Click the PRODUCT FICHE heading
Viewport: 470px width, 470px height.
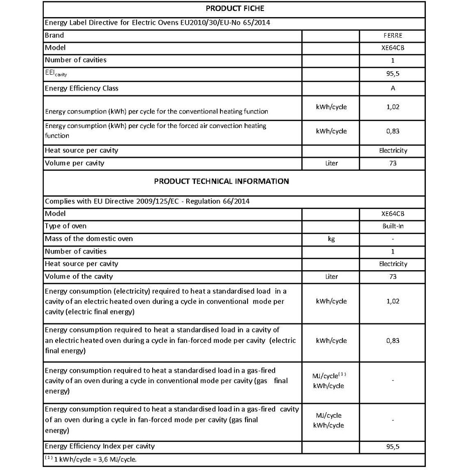coord(234,9)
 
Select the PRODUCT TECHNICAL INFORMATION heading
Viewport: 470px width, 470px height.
coord(221,181)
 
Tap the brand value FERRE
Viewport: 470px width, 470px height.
coord(393,36)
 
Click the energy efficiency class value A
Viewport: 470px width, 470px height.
coord(393,88)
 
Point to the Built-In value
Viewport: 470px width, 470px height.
coord(393,226)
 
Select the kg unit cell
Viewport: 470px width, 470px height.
coord(330,239)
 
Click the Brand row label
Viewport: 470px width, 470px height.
coord(55,36)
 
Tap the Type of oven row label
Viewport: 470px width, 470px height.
coord(66,226)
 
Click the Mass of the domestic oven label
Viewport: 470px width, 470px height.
coord(89,239)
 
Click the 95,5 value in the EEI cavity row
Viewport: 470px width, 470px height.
coord(393,73)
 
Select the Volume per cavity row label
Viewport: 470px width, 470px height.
coord(75,163)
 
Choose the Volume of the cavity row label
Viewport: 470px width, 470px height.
coord(79,277)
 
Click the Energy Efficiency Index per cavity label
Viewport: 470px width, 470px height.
coord(100,446)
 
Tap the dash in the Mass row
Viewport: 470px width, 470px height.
coord(393,239)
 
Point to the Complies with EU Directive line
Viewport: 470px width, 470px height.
coord(148,201)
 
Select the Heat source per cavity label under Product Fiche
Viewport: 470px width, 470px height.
coord(82,151)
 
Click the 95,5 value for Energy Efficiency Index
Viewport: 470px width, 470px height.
coord(393,446)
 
